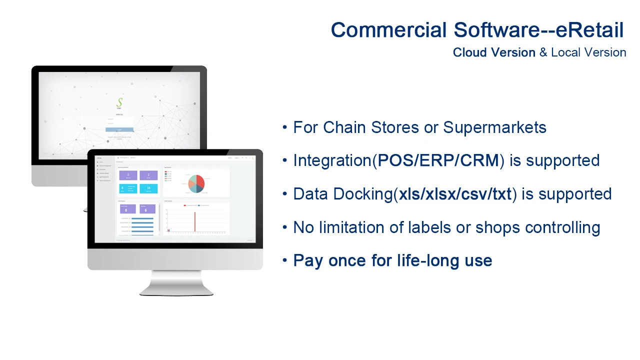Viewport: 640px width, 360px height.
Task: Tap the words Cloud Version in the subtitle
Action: tap(494, 52)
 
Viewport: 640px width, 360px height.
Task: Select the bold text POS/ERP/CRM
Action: tap(438, 161)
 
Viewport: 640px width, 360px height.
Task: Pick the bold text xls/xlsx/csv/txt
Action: tap(455, 194)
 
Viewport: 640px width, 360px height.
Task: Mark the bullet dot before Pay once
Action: tap(284, 260)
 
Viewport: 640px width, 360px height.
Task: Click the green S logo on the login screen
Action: tap(119, 103)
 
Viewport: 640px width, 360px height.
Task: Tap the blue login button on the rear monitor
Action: tap(119, 130)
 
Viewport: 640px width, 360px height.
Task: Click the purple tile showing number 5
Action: tap(128, 175)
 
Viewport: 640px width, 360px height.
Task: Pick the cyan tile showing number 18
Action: tap(148, 188)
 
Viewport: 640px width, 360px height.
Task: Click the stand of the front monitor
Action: tap(176, 282)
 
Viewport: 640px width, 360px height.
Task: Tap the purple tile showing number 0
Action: tap(126, 209)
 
